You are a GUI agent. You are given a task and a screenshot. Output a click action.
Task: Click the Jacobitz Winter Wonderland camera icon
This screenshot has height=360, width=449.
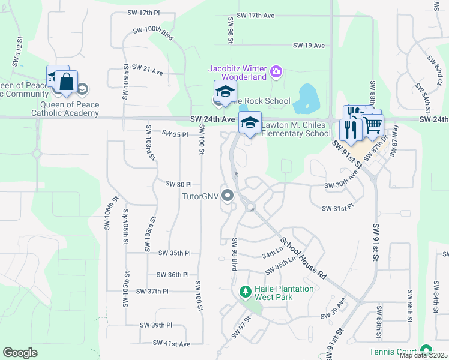(276, 72)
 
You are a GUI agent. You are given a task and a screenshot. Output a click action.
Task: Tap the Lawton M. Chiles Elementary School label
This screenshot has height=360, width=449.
(296, 129)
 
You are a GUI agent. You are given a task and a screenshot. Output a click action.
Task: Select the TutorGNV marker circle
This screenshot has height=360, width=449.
(228, 196)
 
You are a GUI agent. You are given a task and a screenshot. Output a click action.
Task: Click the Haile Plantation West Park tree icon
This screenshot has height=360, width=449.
(245, 292)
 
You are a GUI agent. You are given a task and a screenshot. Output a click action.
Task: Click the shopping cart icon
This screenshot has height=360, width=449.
(373, 125)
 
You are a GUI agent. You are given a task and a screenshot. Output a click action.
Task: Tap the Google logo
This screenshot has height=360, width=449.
(20, 353)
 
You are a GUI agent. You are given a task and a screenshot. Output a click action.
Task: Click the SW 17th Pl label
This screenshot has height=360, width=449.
(144, 12)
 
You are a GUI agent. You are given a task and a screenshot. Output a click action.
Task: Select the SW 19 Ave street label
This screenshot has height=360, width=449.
(309, 46)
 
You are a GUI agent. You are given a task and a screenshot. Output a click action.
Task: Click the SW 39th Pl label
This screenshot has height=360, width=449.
(156, 325)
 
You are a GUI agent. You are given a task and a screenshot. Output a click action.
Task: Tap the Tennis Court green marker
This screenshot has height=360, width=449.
(426, 350)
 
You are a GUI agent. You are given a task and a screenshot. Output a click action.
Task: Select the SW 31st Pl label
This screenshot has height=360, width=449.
(338, 208)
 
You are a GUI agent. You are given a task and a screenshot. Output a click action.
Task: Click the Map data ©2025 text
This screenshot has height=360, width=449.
(423, 355)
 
